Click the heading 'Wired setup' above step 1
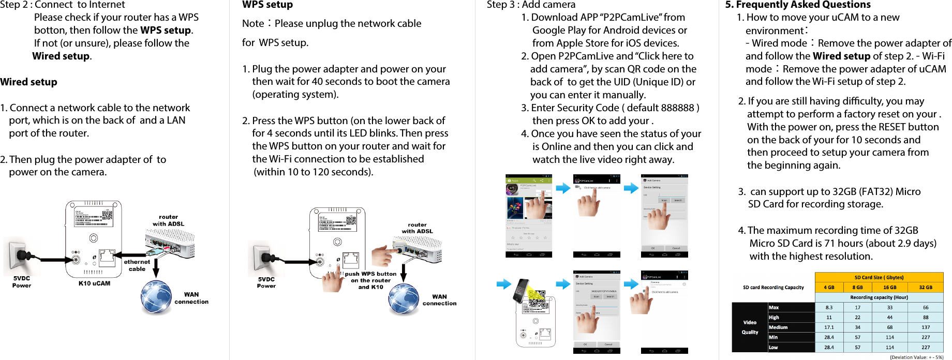[29, 82]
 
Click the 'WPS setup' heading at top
[267, 5]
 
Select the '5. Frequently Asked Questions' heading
[798, 5]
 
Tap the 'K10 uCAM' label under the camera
[94, 283]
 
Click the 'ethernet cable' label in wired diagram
[137, 265]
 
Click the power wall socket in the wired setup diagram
[22, 256]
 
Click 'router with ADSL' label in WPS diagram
[417, 228]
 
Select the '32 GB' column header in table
[926, 287]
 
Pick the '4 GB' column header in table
[829, 287]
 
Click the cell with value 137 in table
[926, 327]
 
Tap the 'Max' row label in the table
[774, 307]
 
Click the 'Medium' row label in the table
[778, 327]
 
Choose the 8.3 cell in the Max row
[829, 307]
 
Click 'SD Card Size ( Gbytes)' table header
[879, 277]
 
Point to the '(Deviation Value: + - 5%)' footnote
[916, 357]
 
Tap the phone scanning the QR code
[522, 291]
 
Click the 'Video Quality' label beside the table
[750, 327]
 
